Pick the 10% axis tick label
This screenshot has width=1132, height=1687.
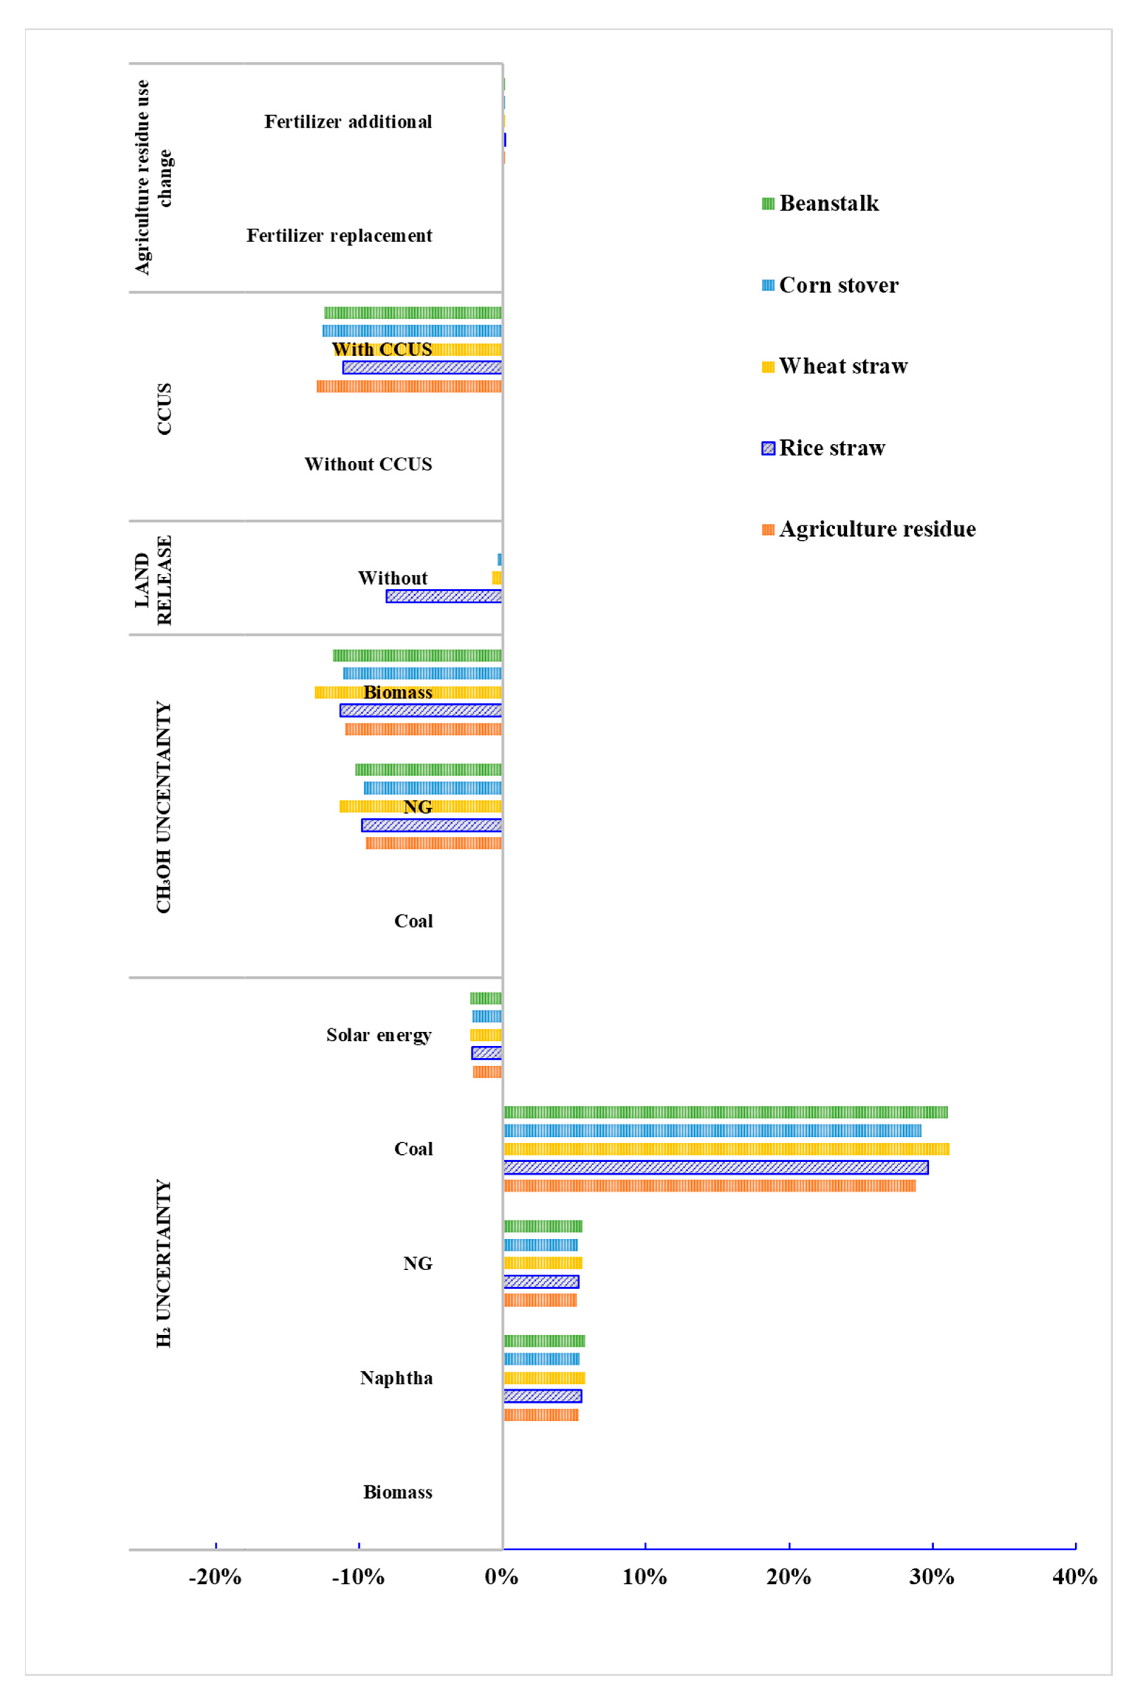point(645,1576)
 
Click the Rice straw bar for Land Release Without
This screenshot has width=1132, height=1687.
point(444,596)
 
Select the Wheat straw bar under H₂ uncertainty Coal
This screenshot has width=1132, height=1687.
point(726,1149)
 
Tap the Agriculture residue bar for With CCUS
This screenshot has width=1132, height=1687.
point(409,386)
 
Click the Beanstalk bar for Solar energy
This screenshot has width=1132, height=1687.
point(486,998)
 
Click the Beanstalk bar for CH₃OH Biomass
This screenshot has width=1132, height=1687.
point(417,655)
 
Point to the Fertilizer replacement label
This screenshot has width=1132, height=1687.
point(339,236)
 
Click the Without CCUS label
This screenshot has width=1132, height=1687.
point(368,464)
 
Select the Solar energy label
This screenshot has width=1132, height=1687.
point(379,1035)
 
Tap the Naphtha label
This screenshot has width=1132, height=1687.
point(396,1378)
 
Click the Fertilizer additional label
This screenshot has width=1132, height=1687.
point(348,122)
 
